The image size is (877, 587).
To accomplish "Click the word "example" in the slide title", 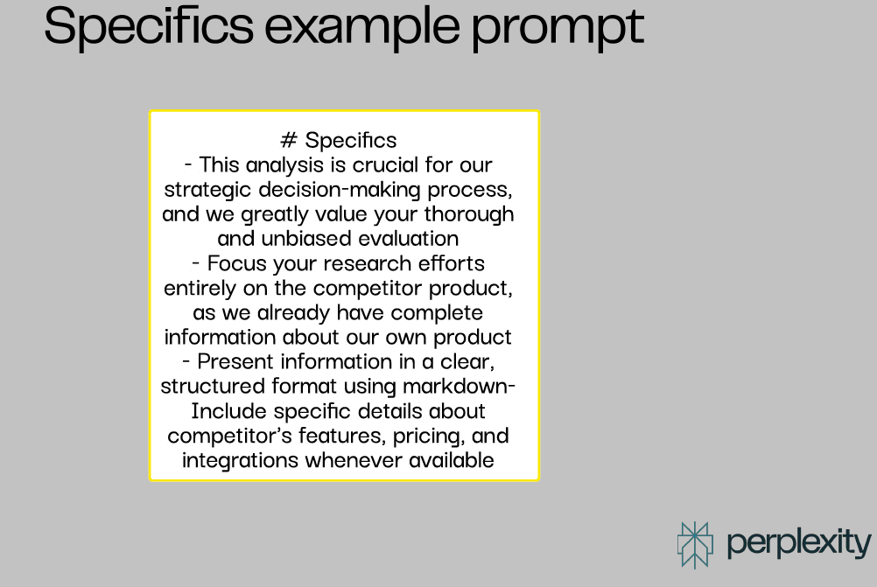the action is pyautogui.click(x=361, y=26).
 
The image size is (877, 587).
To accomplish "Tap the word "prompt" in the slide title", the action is pyautogui.click(x=558, y=29).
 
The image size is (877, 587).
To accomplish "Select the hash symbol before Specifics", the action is pyautogui.click(x=289, y=140).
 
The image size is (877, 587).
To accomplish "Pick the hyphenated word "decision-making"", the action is pyautogui.click(x=340, y=190).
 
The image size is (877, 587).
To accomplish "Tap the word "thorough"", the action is pyautogui.click(x=469, y=214).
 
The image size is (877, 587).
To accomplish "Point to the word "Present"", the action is pyautogui.click(x=235, y=361).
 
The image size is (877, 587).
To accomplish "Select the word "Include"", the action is pyautogui.click(x=228, y=411).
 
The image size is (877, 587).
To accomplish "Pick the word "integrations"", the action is pyautogui.click(x=240, y=461).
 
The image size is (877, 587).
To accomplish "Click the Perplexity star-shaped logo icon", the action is pyautogui.click(x=695, y=545).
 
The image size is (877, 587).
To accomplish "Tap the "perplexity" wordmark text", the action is pyautogui.click(x=799, y=544).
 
